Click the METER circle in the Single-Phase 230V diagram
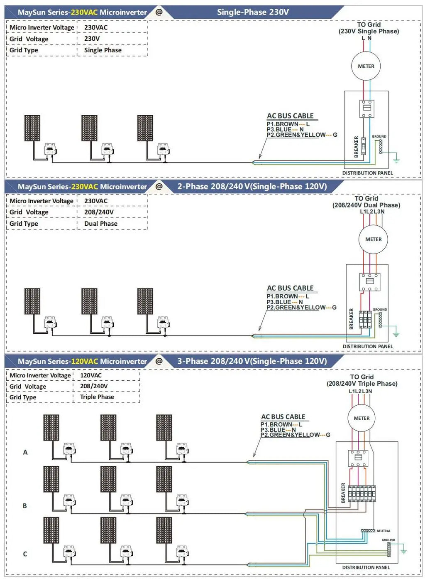tap(366, 66)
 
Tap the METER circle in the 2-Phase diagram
tap(373, 239)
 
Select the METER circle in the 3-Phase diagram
tap(361, 418)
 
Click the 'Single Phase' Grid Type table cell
tap(103, 50)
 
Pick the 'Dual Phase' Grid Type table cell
tap(101, 224)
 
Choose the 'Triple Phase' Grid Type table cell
tap(97, 397)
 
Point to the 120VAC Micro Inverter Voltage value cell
tap(91, 375)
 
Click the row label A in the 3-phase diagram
tap(25, 452)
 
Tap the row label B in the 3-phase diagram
tap(25, 506)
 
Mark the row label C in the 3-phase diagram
tap(25, 554)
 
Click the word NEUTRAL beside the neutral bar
tap(383, 531)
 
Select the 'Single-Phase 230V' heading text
tap(253, 12)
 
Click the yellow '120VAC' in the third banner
tap(85, 361)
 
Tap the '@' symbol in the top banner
tap(159, 12)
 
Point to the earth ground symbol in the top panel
tap(396, 160)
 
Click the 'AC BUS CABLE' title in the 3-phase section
tap(283, 417)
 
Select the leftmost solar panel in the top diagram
tap(32, 128)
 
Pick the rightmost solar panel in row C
tap(164, 530)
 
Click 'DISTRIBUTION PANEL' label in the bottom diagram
tap(366, 567)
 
